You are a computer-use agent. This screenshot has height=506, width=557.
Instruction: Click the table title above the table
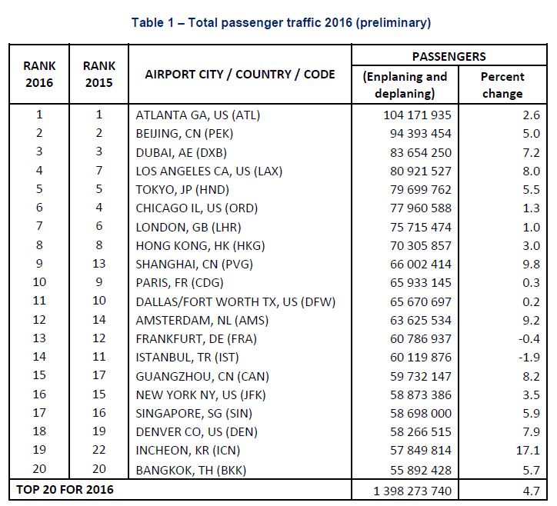coord(282,22)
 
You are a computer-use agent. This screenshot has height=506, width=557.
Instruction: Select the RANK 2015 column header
coord(99,75)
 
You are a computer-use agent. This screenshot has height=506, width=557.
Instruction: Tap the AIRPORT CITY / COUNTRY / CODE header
coord(240,75)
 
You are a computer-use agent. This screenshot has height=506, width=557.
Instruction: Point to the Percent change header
coord(502,85)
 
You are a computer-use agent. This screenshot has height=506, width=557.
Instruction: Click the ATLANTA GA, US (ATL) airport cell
coord(198,115)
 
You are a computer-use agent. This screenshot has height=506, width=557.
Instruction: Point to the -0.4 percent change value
coord(530,338)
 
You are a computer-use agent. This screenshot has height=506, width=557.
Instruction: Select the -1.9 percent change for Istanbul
coord(530,356)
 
